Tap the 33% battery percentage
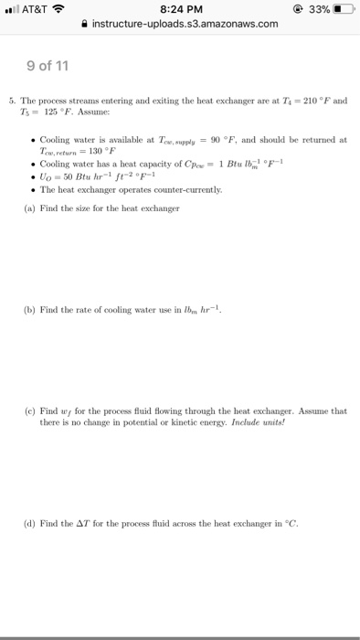coord(316,9)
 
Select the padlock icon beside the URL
coord(87,24)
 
